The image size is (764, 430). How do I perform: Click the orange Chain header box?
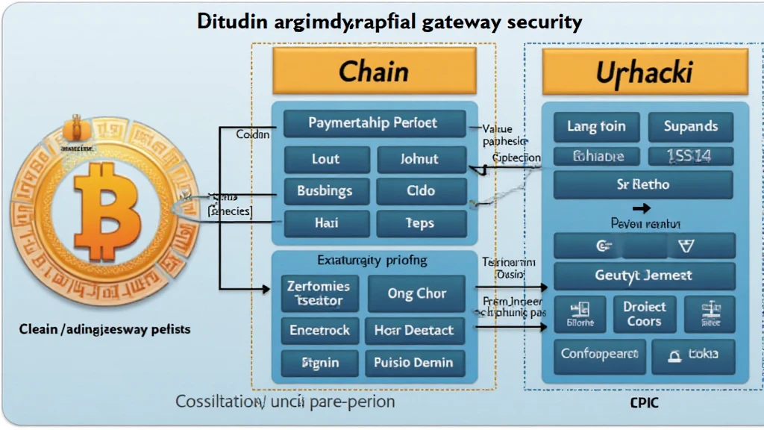tap(374, 72)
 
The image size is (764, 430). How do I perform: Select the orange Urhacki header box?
tap(645, 72)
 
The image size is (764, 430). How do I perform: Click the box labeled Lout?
tap(325, 159)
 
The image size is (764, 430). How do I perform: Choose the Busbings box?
tap(325, 190)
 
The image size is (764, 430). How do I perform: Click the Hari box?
tap(325, 222)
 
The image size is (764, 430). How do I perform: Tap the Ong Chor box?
tap(416, 293)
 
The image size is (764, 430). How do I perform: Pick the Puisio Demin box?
tap(414, 363)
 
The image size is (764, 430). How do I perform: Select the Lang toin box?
tap(595, 127)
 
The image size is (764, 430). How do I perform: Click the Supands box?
tap(691, 127)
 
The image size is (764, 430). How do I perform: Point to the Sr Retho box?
tap(644, 184)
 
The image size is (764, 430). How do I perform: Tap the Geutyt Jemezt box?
tap(644, 275)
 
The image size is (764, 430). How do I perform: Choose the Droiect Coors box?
tap(644, 314)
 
